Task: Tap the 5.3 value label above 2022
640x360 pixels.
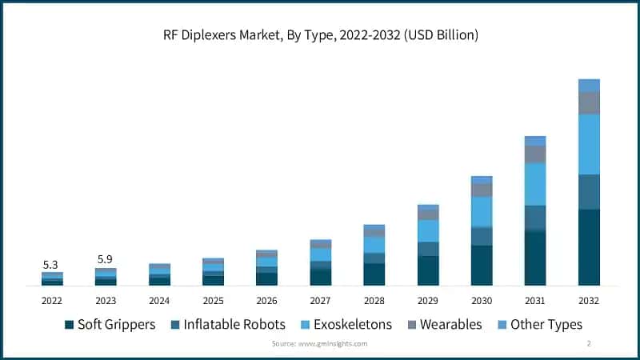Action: point(51,264)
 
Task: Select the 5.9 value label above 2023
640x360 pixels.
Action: point(105,259)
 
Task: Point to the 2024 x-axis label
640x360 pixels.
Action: point(159,300)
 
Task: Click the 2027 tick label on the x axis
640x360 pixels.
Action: point(320,300)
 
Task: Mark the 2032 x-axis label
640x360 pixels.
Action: point(588,300)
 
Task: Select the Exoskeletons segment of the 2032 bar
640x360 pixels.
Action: point(589,144)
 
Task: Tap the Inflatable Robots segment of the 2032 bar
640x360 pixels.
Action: point(589,191)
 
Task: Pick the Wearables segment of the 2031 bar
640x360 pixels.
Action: point(535,154)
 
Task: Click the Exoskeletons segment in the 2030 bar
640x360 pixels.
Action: point(482,211)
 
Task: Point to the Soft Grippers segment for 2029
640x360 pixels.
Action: point(428,270)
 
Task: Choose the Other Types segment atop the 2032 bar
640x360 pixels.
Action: point(589,85)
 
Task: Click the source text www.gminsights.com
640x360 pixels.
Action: point(319,343)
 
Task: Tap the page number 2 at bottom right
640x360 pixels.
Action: point(589,343)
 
